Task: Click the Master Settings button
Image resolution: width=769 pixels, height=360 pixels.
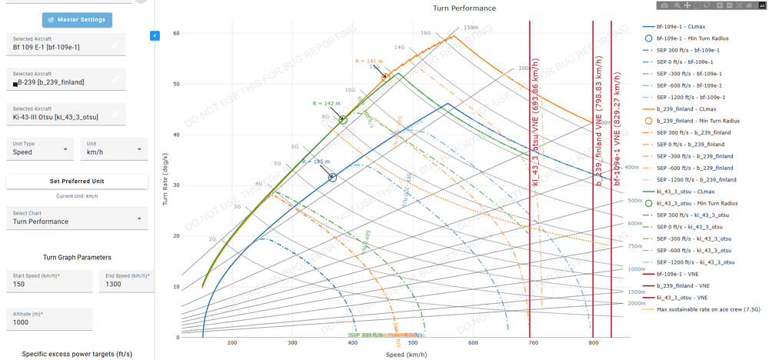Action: pyautogui.click(x=77, y=19)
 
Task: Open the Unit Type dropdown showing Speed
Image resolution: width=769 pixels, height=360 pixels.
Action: pyautogui.click(x=41, y=148)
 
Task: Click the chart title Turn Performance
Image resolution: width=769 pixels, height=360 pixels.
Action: pyautogui.click(x=464, y=8)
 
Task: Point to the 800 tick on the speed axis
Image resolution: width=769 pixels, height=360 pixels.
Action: pyautogui.click(x=593, y=343)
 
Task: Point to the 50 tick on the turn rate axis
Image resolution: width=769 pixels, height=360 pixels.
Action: pyautogui.click(x=176, y=84)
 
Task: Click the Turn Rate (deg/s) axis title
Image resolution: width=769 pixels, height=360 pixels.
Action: pyautogui.click(x=165, y=179)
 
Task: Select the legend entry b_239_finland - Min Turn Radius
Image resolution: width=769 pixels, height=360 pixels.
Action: pyautogui.click(x=697, y=121)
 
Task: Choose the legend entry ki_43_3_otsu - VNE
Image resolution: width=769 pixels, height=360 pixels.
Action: pyautogui.click(x=682, y=298)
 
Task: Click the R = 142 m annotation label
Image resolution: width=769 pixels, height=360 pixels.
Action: pyautogui.click(x=326, y=103)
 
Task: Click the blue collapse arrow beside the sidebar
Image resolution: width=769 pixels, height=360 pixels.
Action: pyautogui.click(x=155, y=35)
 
